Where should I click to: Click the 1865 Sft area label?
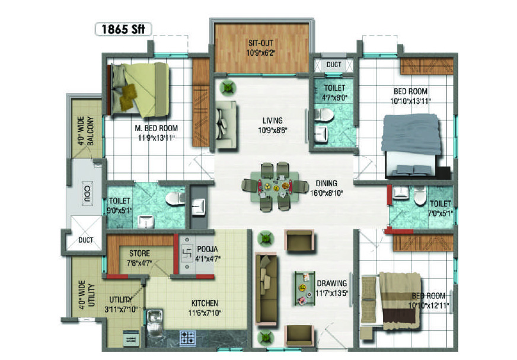pyautogui.click(x=123, y=29)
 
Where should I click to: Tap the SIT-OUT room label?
pyautogui.click(x=261, y=43)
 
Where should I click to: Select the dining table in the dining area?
pyautogui.click(x=275, y=187)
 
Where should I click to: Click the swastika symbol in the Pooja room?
pyautogui.click(x=187, y=253)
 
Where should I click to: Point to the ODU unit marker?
pyautogui.click(x=87, y=194)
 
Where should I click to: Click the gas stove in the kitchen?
pyautogui.click(x=187, y=337)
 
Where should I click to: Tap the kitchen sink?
pyautogui.click(x=154, y=317)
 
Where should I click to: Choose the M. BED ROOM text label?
pyautogui.click(x=157, y=128)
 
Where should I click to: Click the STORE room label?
pyautogui.click(x=139, y=253)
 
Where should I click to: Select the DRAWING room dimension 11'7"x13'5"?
pyautogui.click(x=331, y=293)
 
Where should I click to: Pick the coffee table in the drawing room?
pyautogui.click(x=305, y=288)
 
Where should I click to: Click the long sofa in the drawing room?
pyautogui.click(x=266, y=288)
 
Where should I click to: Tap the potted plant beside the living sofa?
pyautogui.click(x=228, y=88)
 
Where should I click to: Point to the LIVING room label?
pyautogui.click(x=272, y=121)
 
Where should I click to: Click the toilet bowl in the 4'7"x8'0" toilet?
pyautogui.click(x=323, y=115)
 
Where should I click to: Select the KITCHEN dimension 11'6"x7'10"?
pyautogui.click(x=205, y=313)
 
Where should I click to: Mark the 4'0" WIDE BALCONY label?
pyautogui.click(x=85, y=130)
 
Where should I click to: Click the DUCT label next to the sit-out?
pyautogui.click(x=334, y=64)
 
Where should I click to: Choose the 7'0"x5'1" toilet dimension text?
pyautogui.click(x=440, y=214)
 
